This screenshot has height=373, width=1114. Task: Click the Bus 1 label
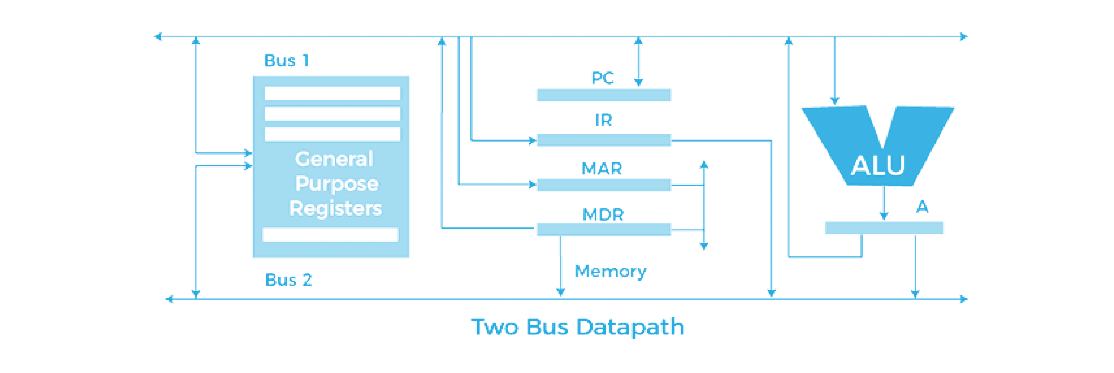click(286, 60)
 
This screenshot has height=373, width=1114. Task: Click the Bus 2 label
click(288, 280)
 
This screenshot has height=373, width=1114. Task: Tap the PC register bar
click(603, 95)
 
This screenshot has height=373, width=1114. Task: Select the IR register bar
click(603, 140)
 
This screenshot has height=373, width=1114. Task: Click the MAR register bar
click(603, 185)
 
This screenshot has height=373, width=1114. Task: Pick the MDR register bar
click(603, 229)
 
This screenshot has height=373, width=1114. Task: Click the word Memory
click(610, 271)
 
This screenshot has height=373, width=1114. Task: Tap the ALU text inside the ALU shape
click(878, 165)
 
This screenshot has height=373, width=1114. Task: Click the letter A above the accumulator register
click(922, 207)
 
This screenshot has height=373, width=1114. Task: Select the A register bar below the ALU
click(884, 228)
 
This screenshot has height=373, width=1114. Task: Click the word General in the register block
click(334, 159)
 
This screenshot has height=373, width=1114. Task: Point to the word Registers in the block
click(335, 208)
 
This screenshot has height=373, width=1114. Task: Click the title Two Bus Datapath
click(577, 327)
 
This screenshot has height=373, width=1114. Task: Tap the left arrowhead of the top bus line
click(158, 37)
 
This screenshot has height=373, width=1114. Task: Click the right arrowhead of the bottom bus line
click(964, 299)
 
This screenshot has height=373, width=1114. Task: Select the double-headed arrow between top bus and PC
click(638, 62)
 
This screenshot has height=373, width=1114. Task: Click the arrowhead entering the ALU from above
click(835, 100)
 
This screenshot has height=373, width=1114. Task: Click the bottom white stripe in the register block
click(330, 235)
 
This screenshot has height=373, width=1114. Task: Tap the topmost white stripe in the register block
click(332, 93)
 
